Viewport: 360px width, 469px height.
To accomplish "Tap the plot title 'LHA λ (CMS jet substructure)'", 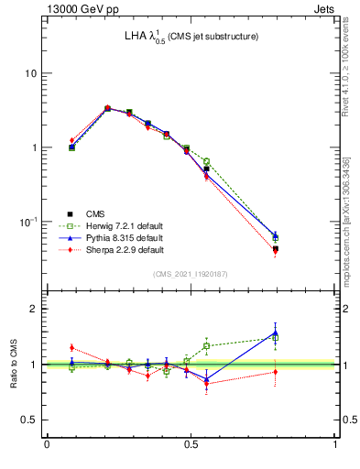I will [191, 37].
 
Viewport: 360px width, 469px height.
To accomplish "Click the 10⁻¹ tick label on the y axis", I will [27, 222].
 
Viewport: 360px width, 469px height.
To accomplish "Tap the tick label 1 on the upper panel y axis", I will [33, 147].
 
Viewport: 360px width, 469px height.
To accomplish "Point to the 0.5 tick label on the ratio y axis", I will [27, 420].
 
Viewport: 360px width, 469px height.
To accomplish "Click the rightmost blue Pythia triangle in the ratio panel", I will [275, 333].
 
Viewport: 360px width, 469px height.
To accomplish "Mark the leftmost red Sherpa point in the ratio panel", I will [71, 347].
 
